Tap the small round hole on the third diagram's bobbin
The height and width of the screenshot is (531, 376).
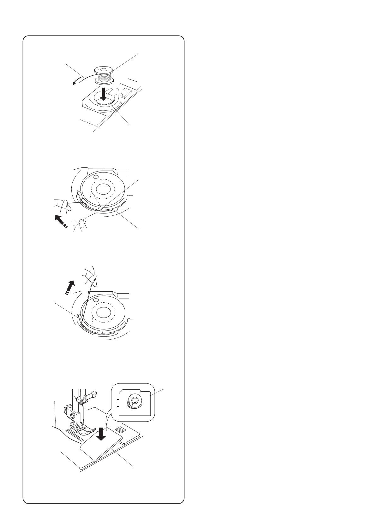(x=97, y=298)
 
